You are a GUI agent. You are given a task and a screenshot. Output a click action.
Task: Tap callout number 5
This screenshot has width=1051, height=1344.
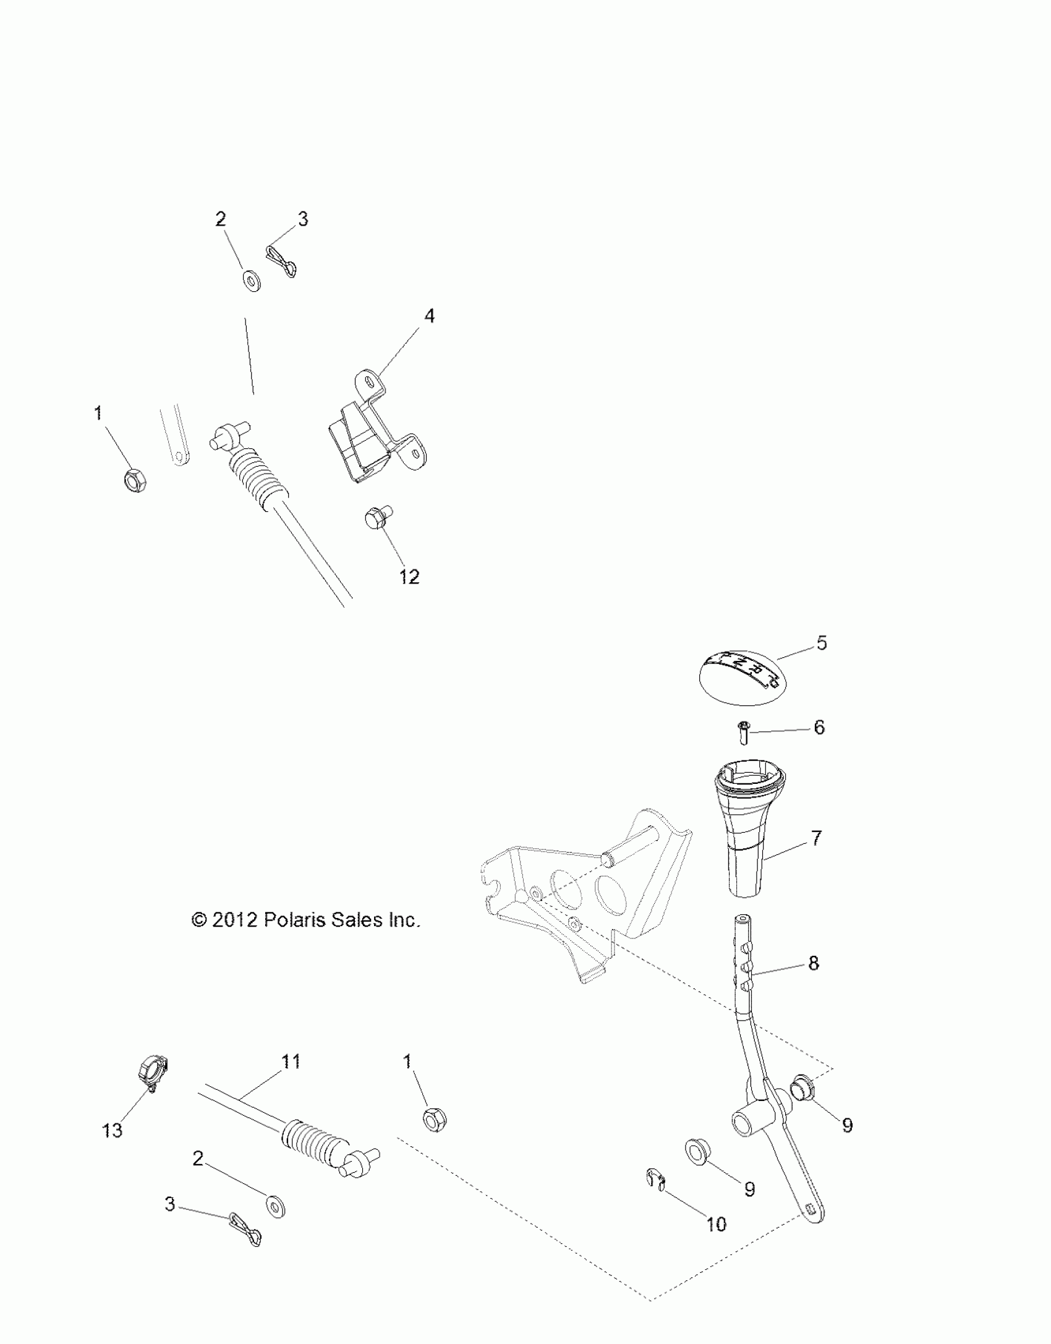(821, 643)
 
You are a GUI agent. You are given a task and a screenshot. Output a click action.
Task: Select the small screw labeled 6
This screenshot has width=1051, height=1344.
(744, 733)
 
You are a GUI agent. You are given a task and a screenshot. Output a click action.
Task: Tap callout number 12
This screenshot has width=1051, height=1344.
(409, 577)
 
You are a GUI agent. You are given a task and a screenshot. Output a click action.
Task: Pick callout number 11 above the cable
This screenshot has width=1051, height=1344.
(291, 1061)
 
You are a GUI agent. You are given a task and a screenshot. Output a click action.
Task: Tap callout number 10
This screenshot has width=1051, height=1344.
(717, 1224)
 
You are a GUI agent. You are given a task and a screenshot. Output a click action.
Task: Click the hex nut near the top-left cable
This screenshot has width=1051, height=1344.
(135, 479)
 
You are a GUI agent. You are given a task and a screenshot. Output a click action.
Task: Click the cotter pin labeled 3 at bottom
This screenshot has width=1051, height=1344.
(245, 1234)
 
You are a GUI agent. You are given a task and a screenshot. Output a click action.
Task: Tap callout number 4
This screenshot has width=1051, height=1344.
(428, 316)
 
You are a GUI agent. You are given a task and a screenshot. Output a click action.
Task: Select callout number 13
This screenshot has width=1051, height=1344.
(113, 1130)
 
